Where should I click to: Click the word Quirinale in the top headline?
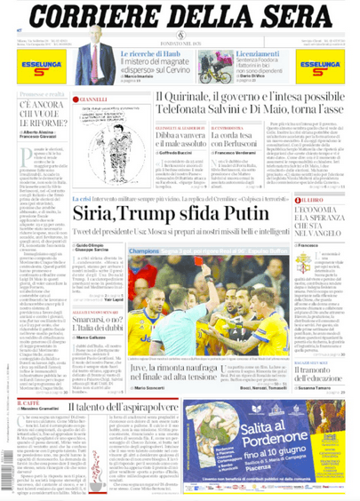click(190, 99)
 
